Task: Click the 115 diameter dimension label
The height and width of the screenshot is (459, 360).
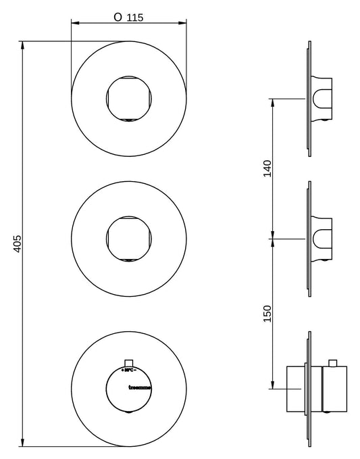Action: coord(135,18)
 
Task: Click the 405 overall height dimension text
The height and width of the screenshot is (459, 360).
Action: coord(18,243)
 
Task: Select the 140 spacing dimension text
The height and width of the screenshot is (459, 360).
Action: coord(267,168)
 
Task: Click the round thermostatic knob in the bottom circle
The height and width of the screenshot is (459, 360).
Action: coord(129,389)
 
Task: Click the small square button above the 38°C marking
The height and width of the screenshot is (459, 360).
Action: coord(129,362)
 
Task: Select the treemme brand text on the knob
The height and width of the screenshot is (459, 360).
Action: coord(139,387)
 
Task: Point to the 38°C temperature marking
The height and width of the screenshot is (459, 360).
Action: coord(129,370)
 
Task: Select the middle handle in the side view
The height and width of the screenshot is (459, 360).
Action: coord(323,238)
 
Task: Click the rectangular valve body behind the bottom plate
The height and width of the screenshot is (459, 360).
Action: coord(297,388)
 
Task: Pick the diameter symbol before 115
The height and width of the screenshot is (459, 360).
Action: coord(118,18)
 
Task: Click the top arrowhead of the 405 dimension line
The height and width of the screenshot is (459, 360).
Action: coord(23,45)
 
